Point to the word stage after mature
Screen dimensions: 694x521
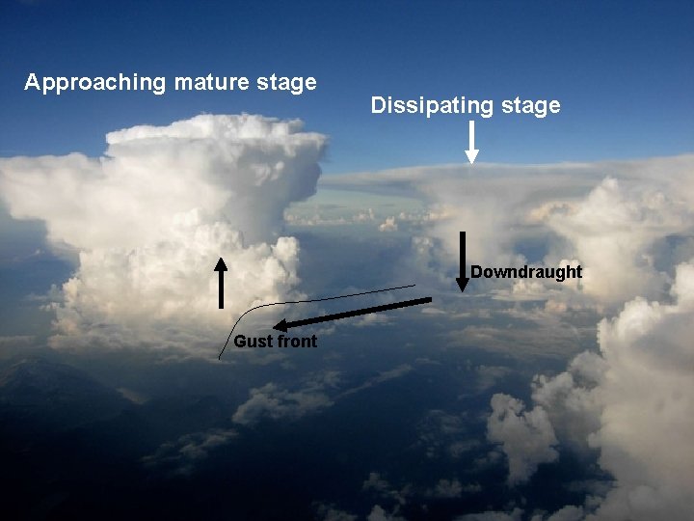click(284, 83)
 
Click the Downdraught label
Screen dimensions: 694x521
click(526, 272)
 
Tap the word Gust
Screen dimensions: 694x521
click(253, 342)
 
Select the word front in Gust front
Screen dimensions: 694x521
click(297, 342)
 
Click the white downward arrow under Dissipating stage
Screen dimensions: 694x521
click(471, 144)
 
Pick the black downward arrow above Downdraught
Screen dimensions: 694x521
click(463, 260)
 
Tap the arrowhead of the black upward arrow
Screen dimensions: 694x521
click(221, 262)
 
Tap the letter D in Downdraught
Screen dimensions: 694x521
click(476, 272)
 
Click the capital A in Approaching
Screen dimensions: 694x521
click(32, 82)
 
